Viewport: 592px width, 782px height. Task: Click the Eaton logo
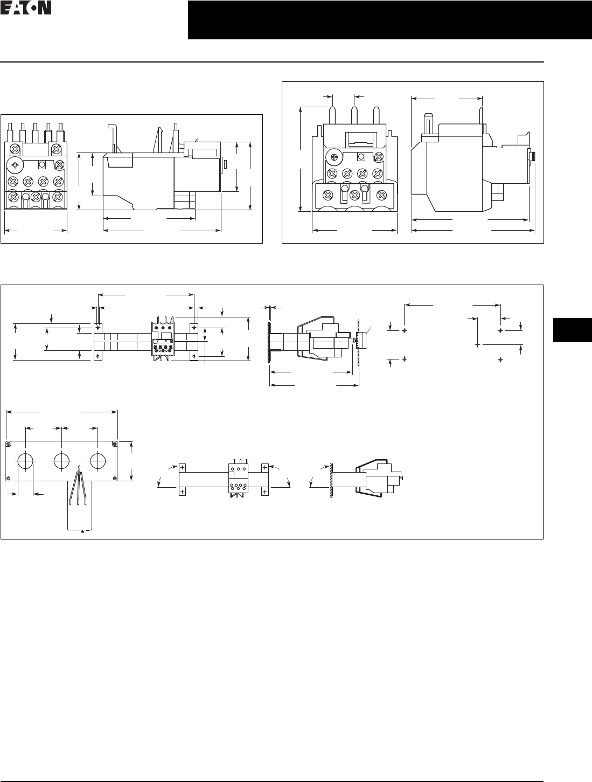(26, 9)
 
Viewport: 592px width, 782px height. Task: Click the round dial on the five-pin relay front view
(15, 164)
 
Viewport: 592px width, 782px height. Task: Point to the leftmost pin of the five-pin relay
(11, 132)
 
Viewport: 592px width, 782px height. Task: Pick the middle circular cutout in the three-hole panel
(61, 461)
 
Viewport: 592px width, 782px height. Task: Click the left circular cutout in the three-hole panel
(26, 461)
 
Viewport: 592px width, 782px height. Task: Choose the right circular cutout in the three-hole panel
(97, 461)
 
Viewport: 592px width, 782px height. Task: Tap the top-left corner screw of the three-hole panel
(9, 444)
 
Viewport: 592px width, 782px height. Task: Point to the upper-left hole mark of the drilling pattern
(404, 329)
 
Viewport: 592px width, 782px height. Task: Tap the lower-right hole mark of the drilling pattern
(500, 358)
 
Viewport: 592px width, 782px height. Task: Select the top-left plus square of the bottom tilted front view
(182, 467)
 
